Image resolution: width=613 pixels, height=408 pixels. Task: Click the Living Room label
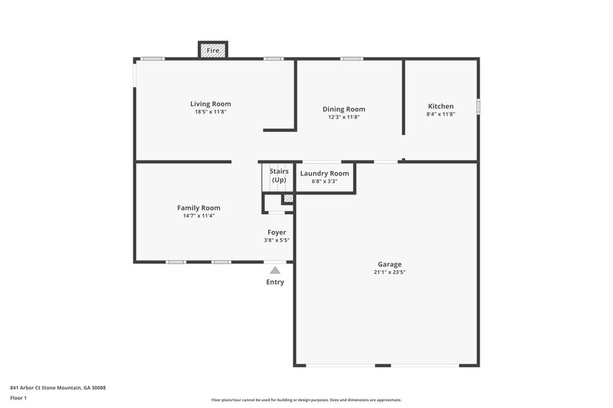tap(211, 104)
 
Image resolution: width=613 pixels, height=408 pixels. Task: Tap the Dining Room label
tap(343, 109)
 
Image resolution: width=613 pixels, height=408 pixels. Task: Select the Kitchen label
tap(441, 106)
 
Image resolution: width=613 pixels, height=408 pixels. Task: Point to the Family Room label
tap(198, 207)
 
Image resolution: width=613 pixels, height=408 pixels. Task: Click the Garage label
tap(388, 264)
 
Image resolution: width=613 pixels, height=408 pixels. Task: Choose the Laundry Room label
tap(325, 174)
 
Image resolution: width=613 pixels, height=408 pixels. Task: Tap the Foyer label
tap(277, 232)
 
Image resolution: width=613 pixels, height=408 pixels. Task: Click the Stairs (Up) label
tap(278, 175)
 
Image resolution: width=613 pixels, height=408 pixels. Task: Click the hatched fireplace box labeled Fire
tap(213, 51)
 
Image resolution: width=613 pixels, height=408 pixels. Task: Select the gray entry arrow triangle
tap(275, 269)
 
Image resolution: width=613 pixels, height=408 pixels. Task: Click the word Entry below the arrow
tap(275, 282)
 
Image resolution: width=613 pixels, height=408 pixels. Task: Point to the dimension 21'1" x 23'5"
tap(388, 273)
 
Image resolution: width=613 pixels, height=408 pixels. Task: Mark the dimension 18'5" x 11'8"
tap(211, 113)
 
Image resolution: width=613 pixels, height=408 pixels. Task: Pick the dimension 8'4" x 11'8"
tap(441, 115)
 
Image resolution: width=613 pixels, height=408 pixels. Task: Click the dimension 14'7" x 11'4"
tap(198, 216)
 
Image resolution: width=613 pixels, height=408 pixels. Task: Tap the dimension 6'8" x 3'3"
tap(325, 182)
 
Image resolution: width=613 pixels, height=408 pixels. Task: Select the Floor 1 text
tap(19, 398)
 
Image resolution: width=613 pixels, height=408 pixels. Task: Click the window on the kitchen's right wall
tap(478, 106)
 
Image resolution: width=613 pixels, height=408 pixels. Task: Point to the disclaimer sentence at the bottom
tap(306, 400)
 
